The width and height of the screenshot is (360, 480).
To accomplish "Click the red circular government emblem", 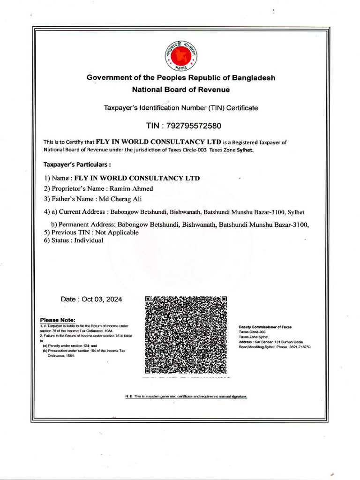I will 181,55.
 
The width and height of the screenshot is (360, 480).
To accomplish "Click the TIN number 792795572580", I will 195,126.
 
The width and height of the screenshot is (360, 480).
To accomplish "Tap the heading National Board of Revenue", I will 181,89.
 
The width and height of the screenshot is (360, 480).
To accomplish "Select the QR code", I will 186,335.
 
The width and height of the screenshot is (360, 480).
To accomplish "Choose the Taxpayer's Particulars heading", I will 77,165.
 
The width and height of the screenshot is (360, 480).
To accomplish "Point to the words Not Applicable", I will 120,232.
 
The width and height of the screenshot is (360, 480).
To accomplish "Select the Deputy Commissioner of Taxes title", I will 265,326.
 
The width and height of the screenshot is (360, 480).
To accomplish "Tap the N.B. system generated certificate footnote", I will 186,397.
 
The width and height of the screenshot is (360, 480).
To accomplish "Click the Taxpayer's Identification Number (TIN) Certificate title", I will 180,108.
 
